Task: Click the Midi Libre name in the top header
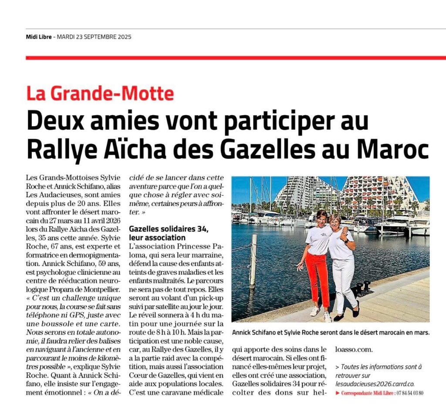coord(38,37)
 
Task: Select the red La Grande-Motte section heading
coord(100,94)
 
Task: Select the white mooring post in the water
coord(253,261)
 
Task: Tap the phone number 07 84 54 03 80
coord(409,393)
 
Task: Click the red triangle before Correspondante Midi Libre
coord(338,393)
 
